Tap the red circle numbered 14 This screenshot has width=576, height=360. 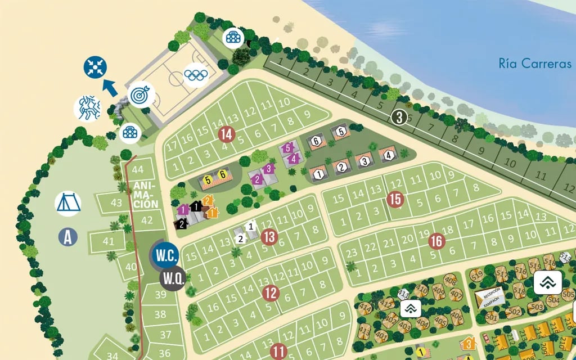(227, 134)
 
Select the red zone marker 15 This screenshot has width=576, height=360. (395, 199)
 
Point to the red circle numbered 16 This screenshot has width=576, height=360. (436, 241)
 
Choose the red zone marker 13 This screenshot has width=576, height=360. (270, 237)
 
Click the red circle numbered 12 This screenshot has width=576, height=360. (271, 292)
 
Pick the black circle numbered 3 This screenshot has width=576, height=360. (398, 117)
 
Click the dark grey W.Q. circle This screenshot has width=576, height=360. (173, 277)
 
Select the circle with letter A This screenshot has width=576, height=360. (68, 236)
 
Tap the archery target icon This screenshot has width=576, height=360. (139, 94)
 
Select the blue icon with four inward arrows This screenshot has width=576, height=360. (95, 67)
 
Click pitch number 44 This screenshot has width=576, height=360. (138, 169)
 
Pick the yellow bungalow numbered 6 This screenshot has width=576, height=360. (223, 175)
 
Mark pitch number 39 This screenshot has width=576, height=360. (161, 295)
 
